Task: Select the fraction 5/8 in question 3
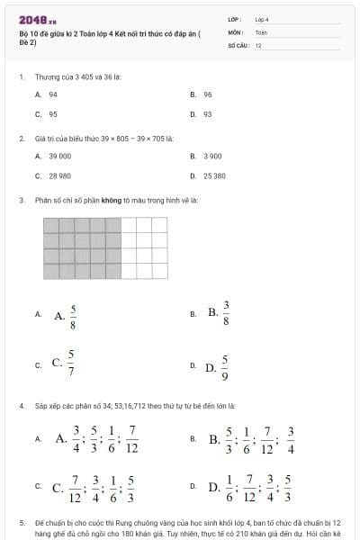[72, 315]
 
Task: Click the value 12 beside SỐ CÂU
[258, 44]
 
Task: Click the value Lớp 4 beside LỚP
[262, 18]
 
